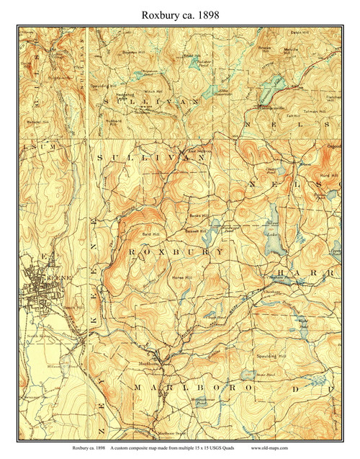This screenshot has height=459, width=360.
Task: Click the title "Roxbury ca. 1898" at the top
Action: coord(179,14)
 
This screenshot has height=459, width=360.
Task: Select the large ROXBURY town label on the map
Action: coord(176,251)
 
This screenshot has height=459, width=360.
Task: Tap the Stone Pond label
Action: coord(266,375)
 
